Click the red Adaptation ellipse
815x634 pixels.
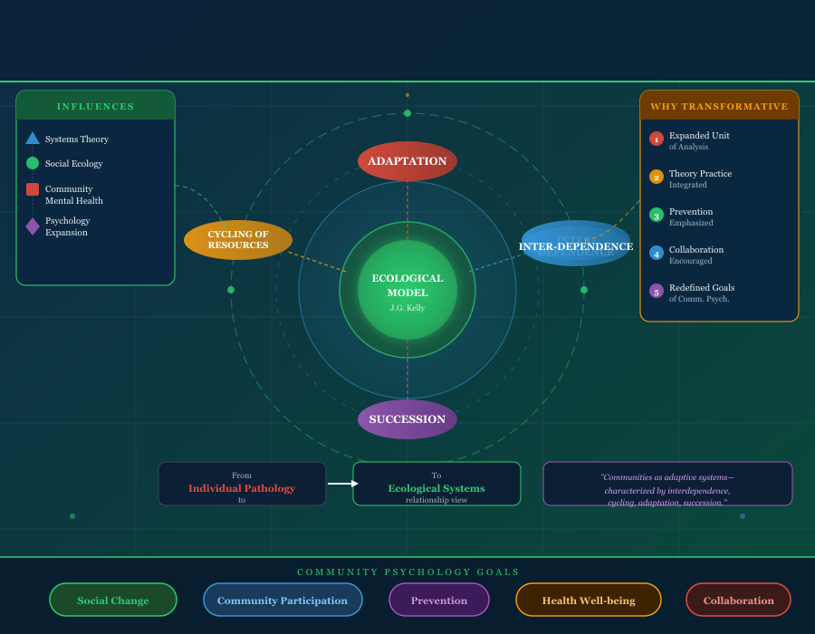coord(407,161)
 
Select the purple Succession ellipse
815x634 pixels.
coord(407,419)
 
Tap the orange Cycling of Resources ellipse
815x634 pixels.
coord(238,240)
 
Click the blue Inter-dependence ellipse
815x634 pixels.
coord(576,244)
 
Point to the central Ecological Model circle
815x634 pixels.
coord(407,290)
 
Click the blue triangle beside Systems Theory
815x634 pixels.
coord(33,139)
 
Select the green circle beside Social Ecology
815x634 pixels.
coord(33,163)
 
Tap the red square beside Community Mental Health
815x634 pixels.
coord(33,189)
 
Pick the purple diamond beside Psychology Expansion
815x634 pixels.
coord(33,226)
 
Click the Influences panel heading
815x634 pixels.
coord(96,106)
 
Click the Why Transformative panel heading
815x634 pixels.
coord(719,106)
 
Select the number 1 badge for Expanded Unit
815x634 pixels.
coord(657,139)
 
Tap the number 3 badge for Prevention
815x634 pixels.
coord(657,216)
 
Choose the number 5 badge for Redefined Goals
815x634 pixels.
coord(657,292)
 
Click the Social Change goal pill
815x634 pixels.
coord(113,600)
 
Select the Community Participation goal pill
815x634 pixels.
coord(283,600)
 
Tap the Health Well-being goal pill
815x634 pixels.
coord(589,600)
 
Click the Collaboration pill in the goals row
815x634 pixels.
coord(738,600)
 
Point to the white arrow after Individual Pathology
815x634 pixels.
coord(342,484)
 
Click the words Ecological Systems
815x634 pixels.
coord(436,488)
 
